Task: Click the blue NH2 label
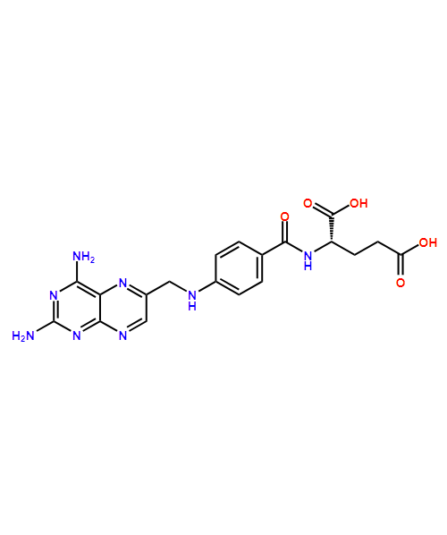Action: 82,257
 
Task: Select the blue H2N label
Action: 22,335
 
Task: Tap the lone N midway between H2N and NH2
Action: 53,295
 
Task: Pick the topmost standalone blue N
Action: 122,283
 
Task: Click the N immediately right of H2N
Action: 76,335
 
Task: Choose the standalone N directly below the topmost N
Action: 122,335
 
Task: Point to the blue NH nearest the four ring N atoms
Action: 191,300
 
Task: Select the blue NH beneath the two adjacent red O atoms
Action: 308,260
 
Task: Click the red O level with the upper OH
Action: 307,203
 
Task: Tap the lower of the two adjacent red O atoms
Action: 284,217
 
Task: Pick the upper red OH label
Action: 358,203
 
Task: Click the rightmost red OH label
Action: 427,242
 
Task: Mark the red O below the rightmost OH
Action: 400,283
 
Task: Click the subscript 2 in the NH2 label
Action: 91,260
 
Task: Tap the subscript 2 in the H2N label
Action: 22,338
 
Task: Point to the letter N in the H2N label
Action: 30,335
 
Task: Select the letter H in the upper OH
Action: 363,203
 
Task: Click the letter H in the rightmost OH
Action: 433,242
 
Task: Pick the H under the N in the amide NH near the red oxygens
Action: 308,266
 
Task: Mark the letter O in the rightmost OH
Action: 423,242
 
